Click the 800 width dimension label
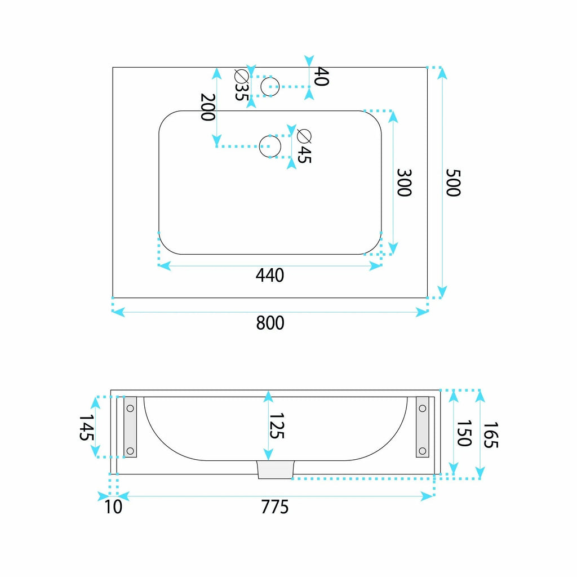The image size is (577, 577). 270,323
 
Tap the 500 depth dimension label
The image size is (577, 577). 453,183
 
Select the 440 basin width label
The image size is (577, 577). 270,275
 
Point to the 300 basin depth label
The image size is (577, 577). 404,183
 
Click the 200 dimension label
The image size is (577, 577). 207,107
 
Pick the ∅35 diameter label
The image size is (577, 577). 242,85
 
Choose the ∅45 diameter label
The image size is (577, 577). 304,146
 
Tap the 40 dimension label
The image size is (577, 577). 322,77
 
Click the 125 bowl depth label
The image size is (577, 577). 277,426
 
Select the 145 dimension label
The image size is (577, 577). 86,428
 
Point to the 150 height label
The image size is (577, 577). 464,433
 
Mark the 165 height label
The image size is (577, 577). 490,435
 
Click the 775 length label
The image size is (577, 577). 274,507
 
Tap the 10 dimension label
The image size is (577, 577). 113,507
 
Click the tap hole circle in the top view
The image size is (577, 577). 270,86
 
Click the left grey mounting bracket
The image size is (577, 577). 130,427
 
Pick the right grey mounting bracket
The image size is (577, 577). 423,427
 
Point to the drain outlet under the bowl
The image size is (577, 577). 275,469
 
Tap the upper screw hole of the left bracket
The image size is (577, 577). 130,408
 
